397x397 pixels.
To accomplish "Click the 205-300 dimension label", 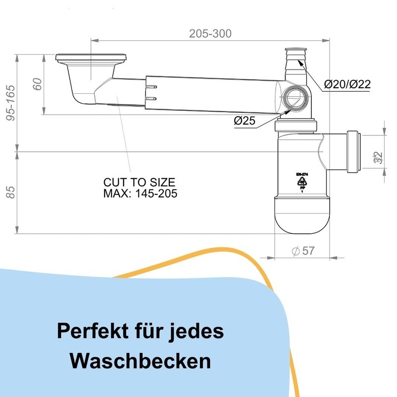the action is (x=210, y=34).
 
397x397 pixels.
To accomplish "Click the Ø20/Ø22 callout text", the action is (x=347, y=84).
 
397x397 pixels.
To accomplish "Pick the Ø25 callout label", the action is (x=244, y=121).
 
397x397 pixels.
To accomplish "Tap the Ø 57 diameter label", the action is (x=303, y=251).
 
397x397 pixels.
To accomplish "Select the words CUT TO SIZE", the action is (x=139, y=182).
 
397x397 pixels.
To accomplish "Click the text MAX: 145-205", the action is (x=140, y=193).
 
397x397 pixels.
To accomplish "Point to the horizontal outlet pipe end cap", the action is (x=354, y=152).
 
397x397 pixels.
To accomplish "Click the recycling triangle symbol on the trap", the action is (x=301, y=183).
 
